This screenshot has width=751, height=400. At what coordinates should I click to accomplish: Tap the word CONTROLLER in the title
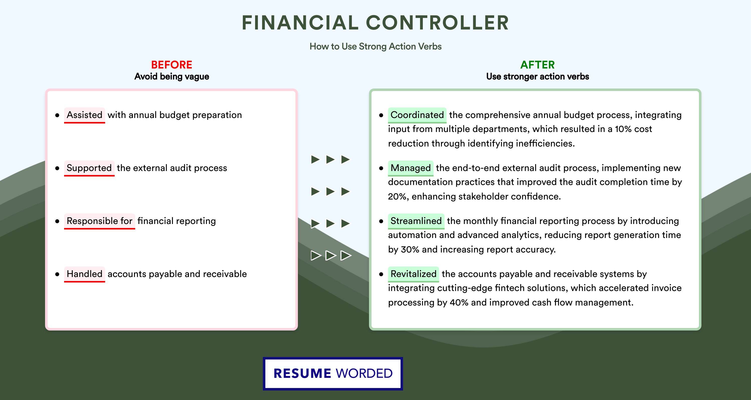coord(437,23)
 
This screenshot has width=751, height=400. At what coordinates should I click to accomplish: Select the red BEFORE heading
coord(171,65)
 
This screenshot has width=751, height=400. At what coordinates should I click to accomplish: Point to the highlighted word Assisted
coord(85,115)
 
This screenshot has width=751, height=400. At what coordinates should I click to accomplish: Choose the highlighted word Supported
coord(89,168)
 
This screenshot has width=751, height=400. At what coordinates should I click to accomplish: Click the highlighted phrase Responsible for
coord(99,221)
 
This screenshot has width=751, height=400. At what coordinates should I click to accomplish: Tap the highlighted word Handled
coord(85,274)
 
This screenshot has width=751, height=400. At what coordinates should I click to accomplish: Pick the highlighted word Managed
coord(411,168)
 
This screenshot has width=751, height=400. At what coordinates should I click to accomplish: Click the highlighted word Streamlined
coord(416,221)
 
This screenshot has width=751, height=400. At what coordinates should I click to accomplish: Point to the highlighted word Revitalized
coord(413,274)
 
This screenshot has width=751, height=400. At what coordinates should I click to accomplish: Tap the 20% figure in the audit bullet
coord(397,196)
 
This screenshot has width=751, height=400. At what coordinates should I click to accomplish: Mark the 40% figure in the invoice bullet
coord(459,302)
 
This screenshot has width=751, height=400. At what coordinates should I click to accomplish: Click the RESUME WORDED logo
coord(333,373)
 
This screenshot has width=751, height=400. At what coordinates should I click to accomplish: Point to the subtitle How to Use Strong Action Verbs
coord(375,46)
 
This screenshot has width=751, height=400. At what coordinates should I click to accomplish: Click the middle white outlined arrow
coord(331,255)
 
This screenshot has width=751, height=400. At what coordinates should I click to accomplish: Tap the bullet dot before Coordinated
coord(381,115)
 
